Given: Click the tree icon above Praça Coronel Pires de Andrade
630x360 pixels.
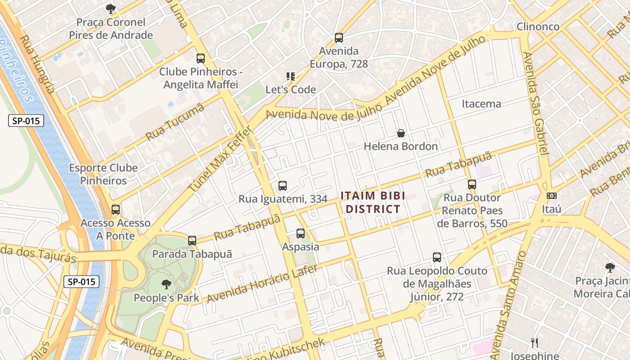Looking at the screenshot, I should (110, 9).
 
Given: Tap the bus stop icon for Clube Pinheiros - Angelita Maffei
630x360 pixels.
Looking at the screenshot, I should (201, 58).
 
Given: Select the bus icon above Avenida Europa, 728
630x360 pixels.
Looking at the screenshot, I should (339, 38).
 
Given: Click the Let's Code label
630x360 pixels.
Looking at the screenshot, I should (291, 90).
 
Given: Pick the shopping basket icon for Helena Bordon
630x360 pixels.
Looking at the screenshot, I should (400, 133).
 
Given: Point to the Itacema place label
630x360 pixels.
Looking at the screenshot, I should (481, 104).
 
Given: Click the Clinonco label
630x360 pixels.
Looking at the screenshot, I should (538, 27).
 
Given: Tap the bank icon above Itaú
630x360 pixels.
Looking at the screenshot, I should (551, 196).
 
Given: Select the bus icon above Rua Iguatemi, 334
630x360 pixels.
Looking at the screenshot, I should (283, 185).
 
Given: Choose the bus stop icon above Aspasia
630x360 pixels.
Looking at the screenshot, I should (301, 234).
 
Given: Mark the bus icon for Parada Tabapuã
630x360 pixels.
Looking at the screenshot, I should (192, 241).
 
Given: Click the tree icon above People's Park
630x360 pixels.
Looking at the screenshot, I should (166, 284).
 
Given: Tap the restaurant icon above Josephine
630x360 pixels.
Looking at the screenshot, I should (535, 342).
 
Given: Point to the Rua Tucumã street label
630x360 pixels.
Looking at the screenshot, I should (175, 122).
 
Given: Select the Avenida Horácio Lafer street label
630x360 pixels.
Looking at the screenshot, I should (262, 284).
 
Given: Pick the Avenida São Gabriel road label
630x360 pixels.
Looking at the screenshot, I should (535, 103).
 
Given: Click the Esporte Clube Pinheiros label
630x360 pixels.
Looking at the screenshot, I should (103, 174).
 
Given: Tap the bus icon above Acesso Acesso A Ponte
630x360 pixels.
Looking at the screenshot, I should (116, 210).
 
